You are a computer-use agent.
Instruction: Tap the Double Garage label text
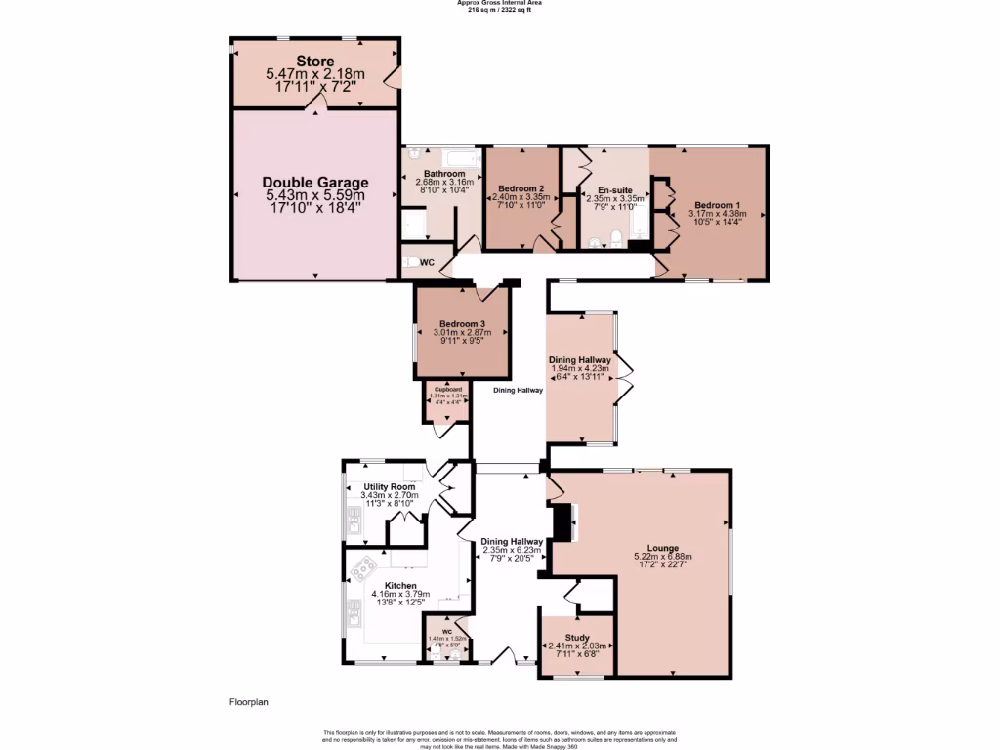point(314,183)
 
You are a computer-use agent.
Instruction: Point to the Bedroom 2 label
point(521,188)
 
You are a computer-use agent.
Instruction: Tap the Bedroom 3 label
point(462,324)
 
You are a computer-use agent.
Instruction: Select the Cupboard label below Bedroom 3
point(448,389)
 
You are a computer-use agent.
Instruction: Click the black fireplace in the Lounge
point(562,521)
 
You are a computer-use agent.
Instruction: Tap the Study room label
point(576,636)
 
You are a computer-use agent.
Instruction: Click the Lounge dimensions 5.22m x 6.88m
point(669,558)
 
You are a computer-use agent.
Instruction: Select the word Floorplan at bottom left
point(248,701)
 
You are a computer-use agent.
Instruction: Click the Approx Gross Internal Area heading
point(500,3)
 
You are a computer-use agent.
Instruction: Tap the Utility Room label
point(389,486)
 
